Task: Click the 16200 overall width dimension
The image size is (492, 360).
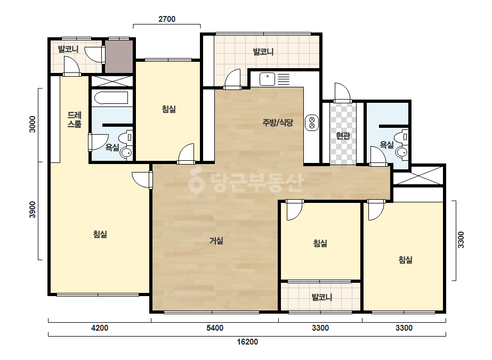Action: point(247,341)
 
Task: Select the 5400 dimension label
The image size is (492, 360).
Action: point(215,328)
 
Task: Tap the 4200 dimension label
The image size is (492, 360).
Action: point(100,328)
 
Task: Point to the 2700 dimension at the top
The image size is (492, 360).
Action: point(167,19)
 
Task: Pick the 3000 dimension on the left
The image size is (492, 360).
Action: point(33,124)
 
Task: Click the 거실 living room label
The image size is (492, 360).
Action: point(216,241)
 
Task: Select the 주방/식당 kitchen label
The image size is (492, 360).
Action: point(278,122)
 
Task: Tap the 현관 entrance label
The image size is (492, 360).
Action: point(343,136)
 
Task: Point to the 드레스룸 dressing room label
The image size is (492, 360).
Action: point(75,119)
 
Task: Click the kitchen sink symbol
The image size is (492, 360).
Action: point(268,79)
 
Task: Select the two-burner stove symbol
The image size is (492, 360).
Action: point(312,122)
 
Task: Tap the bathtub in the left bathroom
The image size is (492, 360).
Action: point(111,97)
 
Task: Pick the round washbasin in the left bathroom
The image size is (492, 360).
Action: point(126,153)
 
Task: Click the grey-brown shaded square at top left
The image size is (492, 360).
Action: point(119,56)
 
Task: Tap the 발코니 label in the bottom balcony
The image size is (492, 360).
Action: point(322,297)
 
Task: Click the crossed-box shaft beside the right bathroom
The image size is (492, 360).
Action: point(418,176)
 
